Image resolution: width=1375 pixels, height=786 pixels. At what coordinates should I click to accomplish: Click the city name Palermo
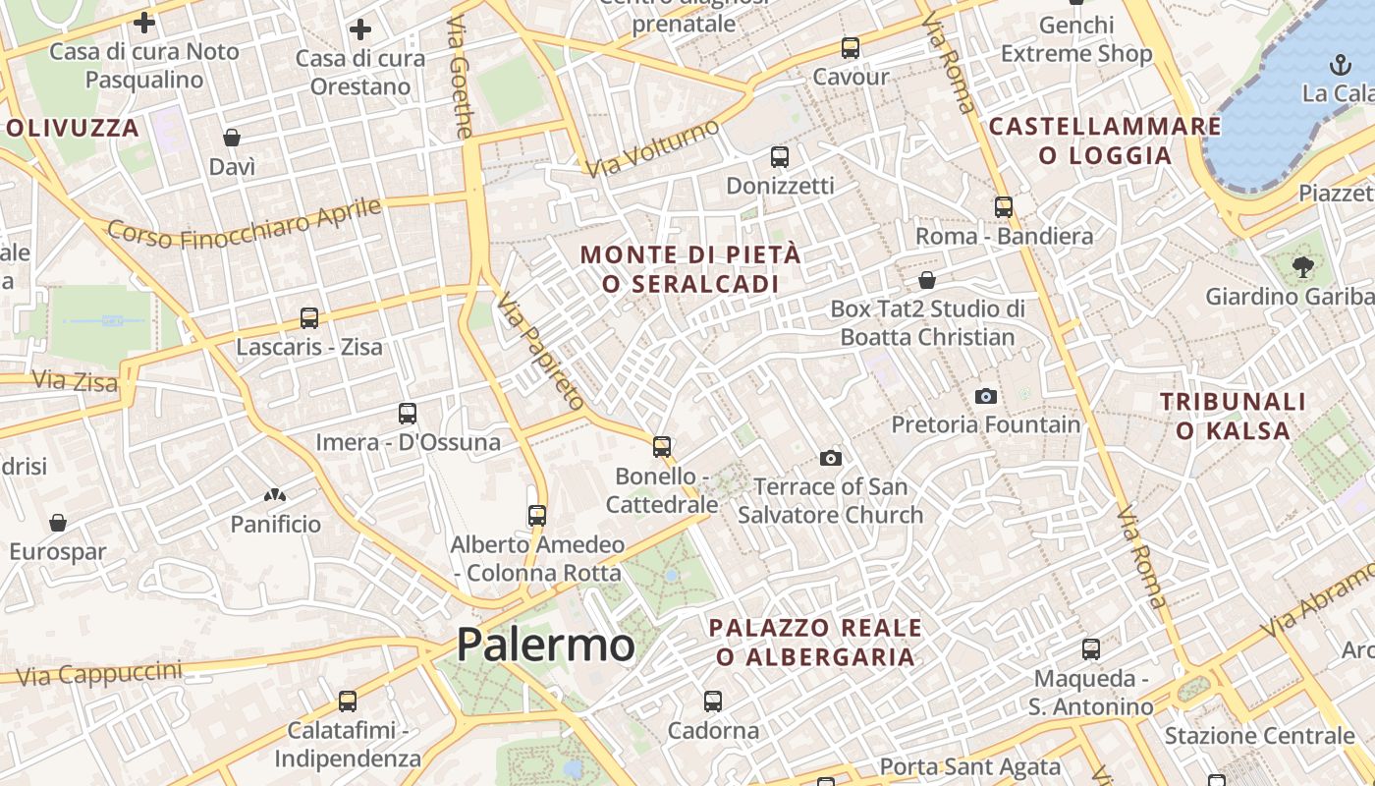[545, 646]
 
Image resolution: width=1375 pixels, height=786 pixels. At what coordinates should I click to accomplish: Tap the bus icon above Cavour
[851, 47]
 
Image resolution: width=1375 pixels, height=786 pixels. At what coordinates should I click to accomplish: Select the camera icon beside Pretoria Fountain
[986, 396]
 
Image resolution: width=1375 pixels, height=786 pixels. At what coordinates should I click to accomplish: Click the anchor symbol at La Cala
[1340, 65]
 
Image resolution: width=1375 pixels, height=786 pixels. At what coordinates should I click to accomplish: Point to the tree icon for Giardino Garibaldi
[1303, 265]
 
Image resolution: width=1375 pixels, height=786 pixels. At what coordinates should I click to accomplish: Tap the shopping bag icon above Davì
[232, 137]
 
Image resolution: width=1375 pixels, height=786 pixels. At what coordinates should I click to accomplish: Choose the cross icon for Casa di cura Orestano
[360, 29]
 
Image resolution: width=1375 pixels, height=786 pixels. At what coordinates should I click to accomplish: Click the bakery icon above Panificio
[275, 496]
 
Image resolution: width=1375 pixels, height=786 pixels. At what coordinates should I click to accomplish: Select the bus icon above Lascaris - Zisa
[309, 318]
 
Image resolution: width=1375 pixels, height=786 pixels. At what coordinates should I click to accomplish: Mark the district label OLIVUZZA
[73, 128]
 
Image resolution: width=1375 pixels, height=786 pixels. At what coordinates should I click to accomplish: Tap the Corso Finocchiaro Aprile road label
[244, 224]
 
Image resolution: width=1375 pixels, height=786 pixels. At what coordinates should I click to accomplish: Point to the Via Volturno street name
[651, 148]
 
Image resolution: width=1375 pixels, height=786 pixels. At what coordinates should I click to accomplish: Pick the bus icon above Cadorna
[713, 702]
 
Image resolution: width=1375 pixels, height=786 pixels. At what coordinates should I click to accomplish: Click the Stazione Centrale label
[1259, 736]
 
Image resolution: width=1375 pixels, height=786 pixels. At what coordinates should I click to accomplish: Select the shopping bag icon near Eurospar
[58, 522]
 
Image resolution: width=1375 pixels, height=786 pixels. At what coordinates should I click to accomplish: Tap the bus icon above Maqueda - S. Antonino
[1091, 649]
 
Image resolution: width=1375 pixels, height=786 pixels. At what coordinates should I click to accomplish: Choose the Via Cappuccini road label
[99, 674]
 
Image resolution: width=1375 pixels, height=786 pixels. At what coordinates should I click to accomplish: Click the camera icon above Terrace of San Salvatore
[831, 458]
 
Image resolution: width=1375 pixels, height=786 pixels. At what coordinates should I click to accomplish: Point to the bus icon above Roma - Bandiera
[1004, 207]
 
